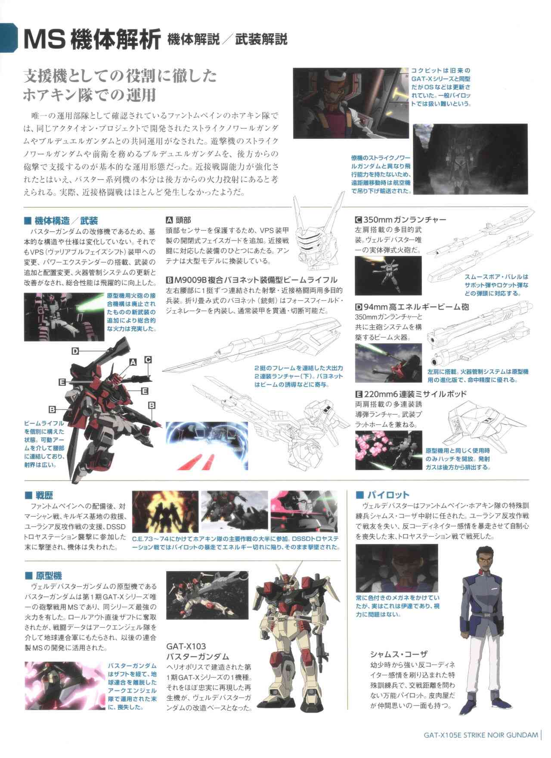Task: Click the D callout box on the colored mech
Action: pyautogui.click(x=75, y=351)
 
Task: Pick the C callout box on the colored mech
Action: pyautogui.click(x=148, y=359)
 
